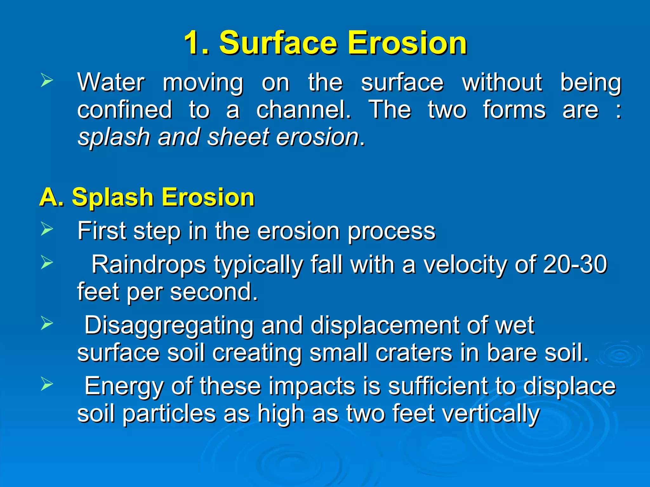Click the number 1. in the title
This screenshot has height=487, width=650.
pos(196,43)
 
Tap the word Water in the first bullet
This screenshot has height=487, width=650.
pos(111,82)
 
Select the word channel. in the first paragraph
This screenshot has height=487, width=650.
pos(303,110)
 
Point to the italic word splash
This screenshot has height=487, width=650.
pos(114,137)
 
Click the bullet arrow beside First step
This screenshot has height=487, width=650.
pos(47,229)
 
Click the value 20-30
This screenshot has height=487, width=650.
pos(575,264)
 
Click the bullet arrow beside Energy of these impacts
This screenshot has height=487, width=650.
pos(47,384)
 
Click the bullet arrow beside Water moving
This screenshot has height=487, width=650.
pos(47,81)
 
